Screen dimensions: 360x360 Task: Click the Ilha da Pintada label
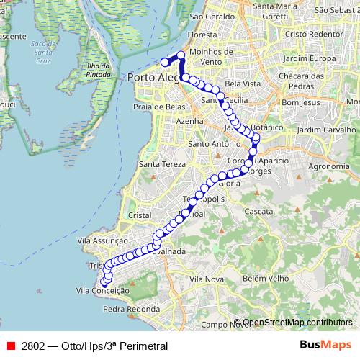[96, 70]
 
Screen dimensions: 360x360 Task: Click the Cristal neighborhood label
[138, 215]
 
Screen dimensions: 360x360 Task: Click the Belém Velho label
[259, 277]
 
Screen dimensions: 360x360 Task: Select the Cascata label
[258, 212]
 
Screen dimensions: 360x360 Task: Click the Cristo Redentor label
[312, 34]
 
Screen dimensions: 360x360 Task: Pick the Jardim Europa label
[310, 58]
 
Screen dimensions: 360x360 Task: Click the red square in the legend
[10, 346]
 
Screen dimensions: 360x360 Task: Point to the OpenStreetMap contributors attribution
[297, 323]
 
